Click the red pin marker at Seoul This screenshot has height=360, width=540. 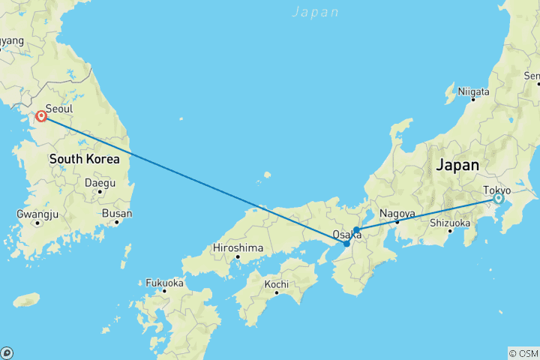[x=42, y=117]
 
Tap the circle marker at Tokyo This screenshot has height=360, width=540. [x=498, y=199]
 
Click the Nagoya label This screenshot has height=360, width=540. [x=397, y=213]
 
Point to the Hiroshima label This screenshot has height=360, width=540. [x=238, y=247]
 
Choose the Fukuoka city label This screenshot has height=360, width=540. [x=164, y=283]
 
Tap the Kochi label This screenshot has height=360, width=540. [x=276, y=284]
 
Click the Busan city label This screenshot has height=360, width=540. [x=117, y=213]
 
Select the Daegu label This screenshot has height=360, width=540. [x=100, y=182]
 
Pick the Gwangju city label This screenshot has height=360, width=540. [x=37, y=214]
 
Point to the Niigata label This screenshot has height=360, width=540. [x=473, y=91]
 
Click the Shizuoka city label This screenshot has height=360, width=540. [x=450, y=223]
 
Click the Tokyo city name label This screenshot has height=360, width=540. [x=497, y=190]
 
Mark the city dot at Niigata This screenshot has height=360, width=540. [x=473, y=100]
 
